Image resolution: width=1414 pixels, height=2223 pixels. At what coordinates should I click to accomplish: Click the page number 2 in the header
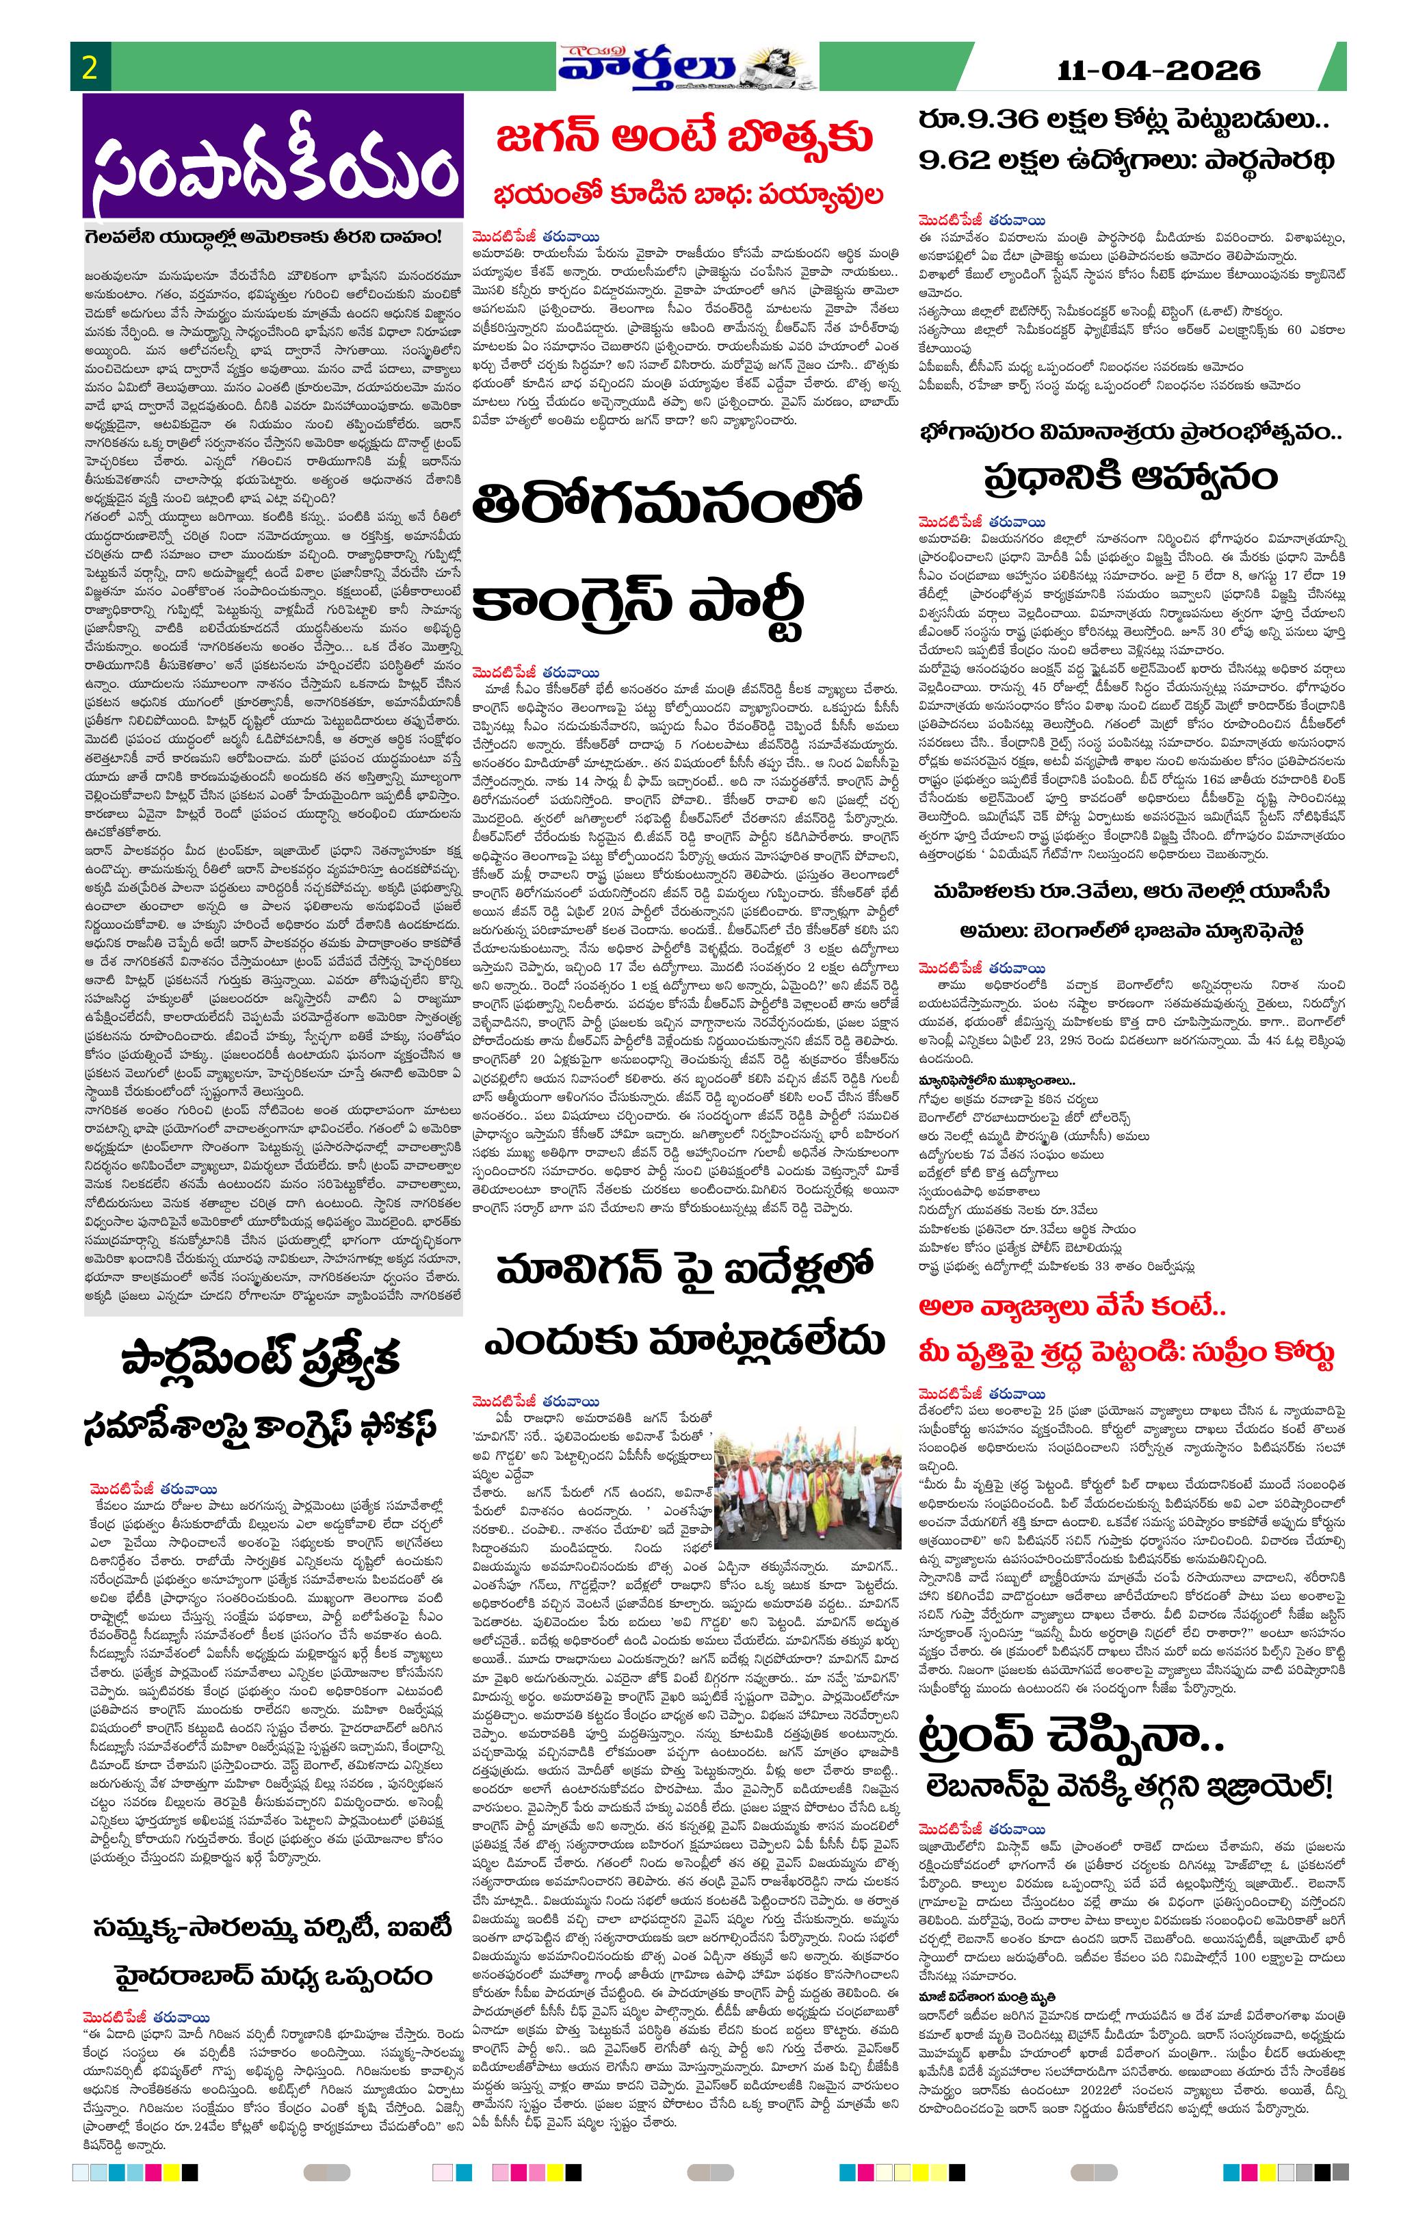tap(90, 68)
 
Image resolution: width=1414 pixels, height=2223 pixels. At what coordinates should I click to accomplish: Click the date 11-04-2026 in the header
tap(1160, 71)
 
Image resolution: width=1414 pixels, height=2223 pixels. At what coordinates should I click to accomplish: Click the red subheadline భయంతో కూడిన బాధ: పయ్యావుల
tap(687, 195)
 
